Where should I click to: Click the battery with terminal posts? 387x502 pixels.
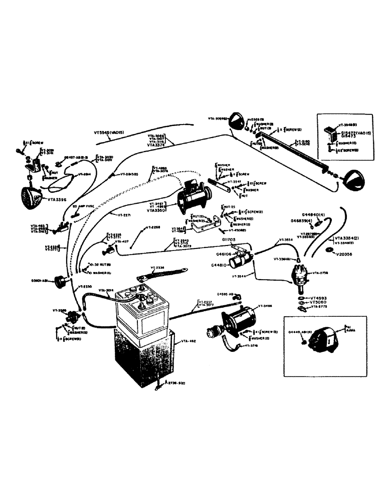click(x=142, y=311)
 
